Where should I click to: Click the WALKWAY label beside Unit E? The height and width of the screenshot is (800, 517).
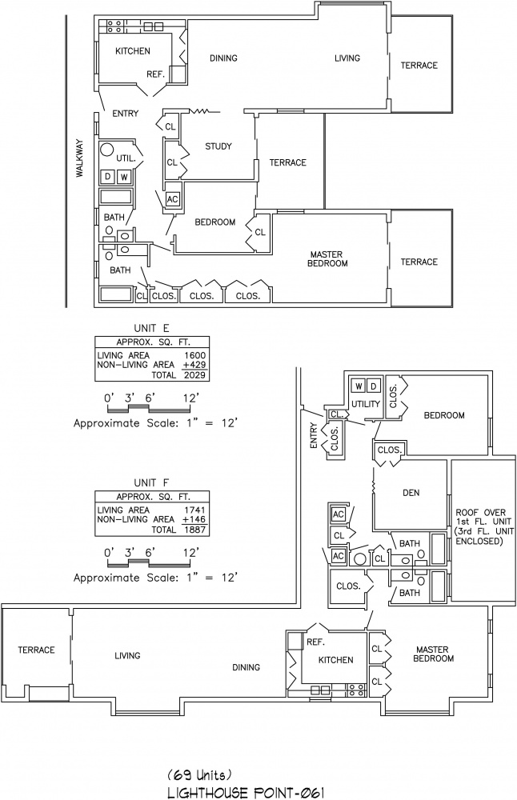tap(79, 158)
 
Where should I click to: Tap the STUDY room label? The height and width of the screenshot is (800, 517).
tap(218, 146)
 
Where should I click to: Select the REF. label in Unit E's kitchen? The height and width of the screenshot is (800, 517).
tap(156, 74)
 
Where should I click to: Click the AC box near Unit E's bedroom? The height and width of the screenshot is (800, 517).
tap(173, 199)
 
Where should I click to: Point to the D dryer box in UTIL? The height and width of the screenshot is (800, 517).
tap(108, 177)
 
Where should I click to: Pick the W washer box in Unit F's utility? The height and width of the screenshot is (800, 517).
tap(359, 386)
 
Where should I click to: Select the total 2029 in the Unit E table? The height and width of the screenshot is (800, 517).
tap(195, 375)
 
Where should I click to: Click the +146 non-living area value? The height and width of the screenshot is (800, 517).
tap(194, 519)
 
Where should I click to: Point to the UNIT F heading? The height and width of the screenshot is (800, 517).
tap(151, 482)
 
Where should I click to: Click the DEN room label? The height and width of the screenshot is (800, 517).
tap(411, 493)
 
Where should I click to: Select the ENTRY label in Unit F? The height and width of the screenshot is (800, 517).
tap(314, 436)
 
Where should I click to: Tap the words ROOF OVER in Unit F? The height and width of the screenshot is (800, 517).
tap(481, 512)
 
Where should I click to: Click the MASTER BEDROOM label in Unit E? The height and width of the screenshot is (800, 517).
tap(327, 259)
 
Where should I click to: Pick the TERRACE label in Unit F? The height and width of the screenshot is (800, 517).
tap(36, 650)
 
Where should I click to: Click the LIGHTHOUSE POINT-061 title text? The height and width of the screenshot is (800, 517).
tap(246, 793)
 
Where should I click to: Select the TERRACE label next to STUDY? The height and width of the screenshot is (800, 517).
tap(288, 162)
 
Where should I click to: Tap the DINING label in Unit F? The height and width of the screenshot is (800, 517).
tap(246, 667)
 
